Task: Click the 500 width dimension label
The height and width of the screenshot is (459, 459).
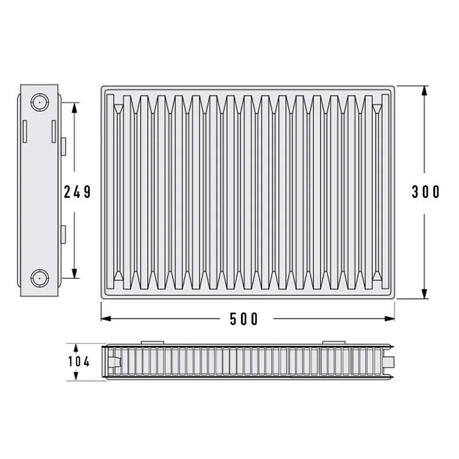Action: (243, 319)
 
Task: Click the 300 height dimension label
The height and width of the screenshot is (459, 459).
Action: (426, 192)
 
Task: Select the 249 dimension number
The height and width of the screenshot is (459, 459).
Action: (77, 192)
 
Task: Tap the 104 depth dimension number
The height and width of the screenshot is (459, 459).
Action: (79, 361)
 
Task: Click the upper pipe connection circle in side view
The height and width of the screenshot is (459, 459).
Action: (40, 102)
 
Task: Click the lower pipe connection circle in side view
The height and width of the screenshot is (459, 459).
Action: (40, 278)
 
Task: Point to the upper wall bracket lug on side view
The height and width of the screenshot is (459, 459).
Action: (63, 146)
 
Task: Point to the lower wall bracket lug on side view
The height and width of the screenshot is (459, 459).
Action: (63, 235)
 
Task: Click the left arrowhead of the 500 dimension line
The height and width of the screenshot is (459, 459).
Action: (106, 318)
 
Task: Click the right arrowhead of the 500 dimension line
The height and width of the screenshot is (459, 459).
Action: (390, 318)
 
